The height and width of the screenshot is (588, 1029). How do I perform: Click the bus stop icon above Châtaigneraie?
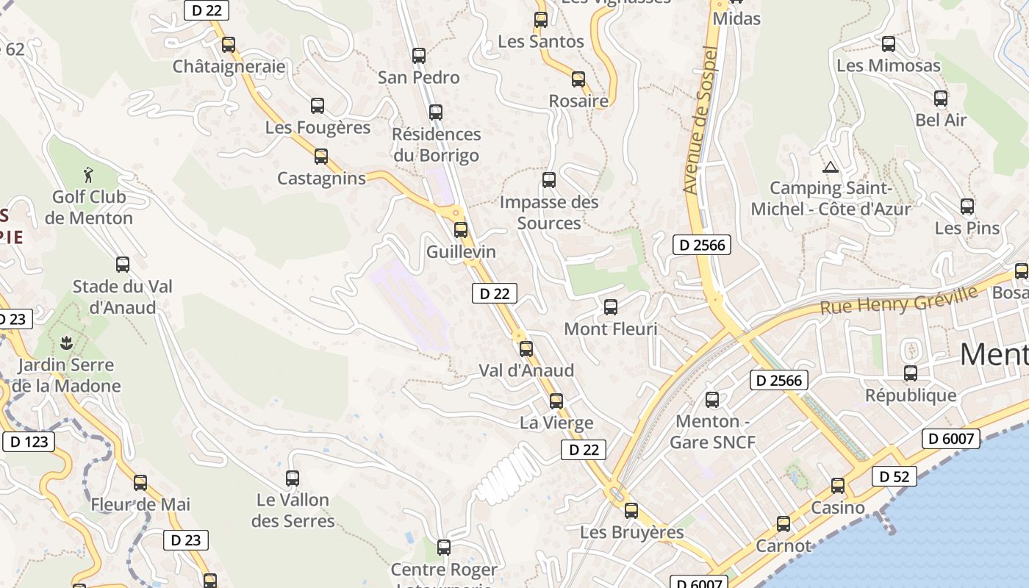click(229, 45)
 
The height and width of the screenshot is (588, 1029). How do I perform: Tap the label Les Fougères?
click(318, 127)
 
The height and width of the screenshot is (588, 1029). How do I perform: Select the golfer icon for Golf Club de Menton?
click(89, 175)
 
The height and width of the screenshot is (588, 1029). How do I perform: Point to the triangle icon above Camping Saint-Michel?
click(831, 167)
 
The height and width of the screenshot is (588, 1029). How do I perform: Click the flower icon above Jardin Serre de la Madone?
click(66, 342)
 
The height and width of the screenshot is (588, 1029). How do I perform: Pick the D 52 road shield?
click(894, 476)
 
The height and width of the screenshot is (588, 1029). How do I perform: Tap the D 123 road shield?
click(29, 441)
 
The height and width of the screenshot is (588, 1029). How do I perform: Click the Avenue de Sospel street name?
click(700, 121)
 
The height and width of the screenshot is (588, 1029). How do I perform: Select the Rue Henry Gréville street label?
click(898, 300)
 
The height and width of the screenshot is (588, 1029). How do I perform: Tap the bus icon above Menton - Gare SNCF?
click(712, 400)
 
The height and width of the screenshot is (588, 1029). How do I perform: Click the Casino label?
click(838, 507)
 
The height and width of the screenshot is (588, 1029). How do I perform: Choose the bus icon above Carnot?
click(784, 524)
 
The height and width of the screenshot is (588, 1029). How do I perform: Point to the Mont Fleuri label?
click(611, 329)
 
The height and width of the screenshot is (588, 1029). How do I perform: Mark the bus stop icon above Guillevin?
click(461, 230)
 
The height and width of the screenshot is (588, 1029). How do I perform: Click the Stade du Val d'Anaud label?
click(122, 296)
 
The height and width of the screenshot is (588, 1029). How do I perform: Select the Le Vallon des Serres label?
click(293, 510)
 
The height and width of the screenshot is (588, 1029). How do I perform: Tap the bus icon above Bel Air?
click(941, 98)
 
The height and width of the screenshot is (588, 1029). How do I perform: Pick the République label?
click(911, 395)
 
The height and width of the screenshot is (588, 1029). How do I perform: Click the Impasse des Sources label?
click(549, 212)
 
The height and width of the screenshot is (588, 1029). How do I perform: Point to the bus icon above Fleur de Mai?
click(140, 483)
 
